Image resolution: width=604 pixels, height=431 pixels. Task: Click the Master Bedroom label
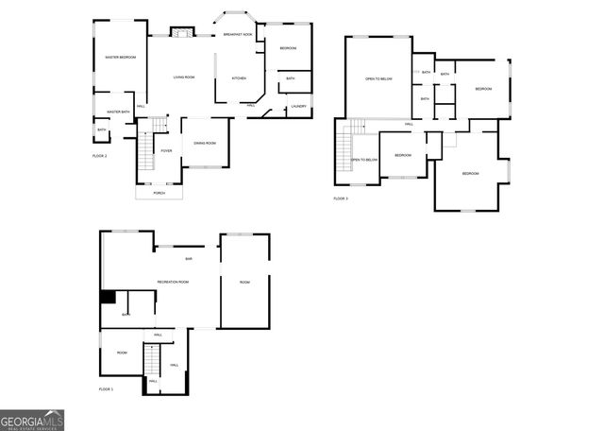pyautogui.click(x=120, y=58)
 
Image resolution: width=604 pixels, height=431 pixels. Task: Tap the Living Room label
pyautogui.click(x=184, y=77)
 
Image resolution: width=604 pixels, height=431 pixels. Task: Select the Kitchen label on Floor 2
pyautogui.click(x=239, y=78)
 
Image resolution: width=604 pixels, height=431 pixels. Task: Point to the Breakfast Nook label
pyautogui.click(x=238, y=34)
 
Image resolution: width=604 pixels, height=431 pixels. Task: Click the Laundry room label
pyautogui.click(x=298, y=106)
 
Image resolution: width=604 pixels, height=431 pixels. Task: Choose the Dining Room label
pyautogui.click(x=205, y=143)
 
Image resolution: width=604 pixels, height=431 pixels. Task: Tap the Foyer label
pyautogui.click(x=166, y=151)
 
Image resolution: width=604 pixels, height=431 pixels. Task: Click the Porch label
pyautogui.click(x=159, y=193)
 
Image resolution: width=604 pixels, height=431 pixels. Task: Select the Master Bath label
pyautogui.click(x=118, y=112)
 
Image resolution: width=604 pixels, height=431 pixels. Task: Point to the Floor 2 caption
pyautogui.click(x=100, y=155)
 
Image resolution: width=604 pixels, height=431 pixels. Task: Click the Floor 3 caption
pyautogui.click(x=341, y=198)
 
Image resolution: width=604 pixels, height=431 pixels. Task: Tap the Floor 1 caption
pyautogui.click(x=107, y=389)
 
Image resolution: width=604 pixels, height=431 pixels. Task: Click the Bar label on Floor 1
pyautogui.click(x=189, y=259)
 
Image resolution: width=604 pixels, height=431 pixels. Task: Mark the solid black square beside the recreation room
pyautogui.click(x=108, y=297)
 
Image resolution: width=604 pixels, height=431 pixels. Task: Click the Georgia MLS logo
pyautogui.click(x=32, y=420)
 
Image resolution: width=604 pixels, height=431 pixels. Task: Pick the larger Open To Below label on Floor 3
pyautogui.click(x=378, y=78)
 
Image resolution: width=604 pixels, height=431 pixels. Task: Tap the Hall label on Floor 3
pyautogui.click(x=409, y=124)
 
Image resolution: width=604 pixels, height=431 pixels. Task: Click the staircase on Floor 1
pyautogui.click(x=150, y=362)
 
